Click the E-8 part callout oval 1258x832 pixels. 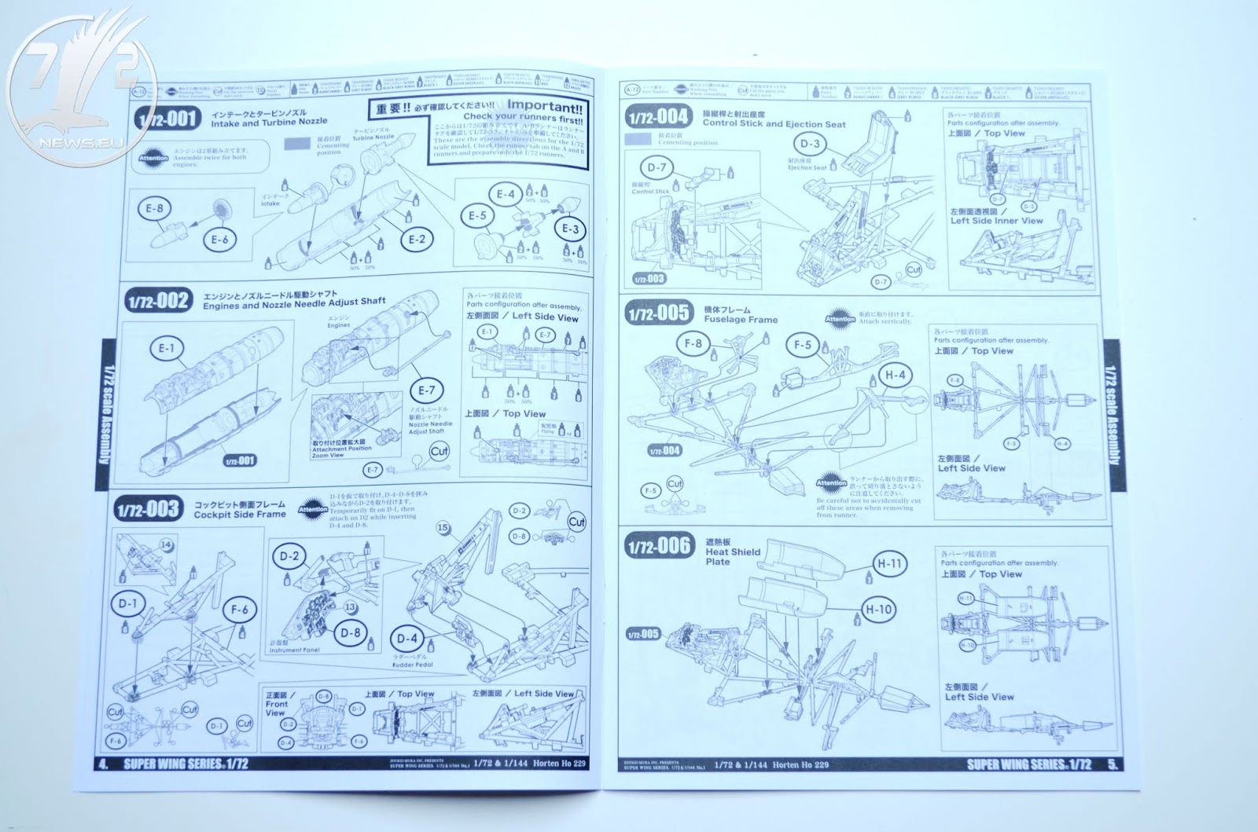(154, 208)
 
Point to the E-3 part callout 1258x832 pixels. (572, 229)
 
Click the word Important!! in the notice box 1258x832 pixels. (545, 104)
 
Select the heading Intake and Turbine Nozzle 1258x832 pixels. (269, 123)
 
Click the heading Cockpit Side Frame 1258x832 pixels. (240, 515)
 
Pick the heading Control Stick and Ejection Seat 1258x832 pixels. (774, 123)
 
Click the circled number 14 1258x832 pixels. (167, 544)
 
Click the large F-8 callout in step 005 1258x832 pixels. (693, 343)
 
